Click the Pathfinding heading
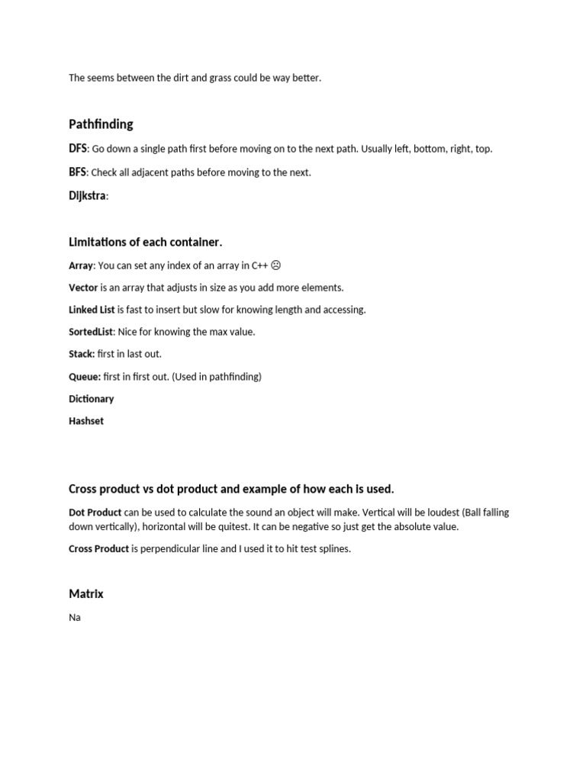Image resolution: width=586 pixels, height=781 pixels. point(101,124)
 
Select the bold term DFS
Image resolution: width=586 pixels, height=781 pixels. point(78,149)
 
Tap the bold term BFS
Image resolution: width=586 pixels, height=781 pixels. point(77,172)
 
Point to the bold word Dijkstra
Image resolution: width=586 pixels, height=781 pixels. point(87,196)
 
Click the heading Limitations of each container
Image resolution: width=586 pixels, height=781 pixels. point(145,243)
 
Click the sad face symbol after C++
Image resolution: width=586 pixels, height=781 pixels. point(275,265)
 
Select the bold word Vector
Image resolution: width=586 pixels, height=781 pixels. point(83,288)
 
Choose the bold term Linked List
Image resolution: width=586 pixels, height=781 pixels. point(92,310)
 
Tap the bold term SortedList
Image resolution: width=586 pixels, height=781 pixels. point(91,332)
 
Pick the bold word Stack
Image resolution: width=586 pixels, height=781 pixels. point(82,354)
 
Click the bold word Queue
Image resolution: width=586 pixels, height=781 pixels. point(85,377)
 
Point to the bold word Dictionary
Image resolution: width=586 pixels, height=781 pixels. point(91,399)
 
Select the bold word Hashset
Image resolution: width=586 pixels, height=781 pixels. point(86,421)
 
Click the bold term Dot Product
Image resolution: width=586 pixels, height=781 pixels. point(95,513)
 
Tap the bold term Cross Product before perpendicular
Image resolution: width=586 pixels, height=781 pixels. point(98,548)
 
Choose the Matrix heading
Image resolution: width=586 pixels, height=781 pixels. point(85,594)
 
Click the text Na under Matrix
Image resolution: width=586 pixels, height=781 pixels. point(75,617)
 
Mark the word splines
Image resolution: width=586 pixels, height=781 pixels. point(333,549)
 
